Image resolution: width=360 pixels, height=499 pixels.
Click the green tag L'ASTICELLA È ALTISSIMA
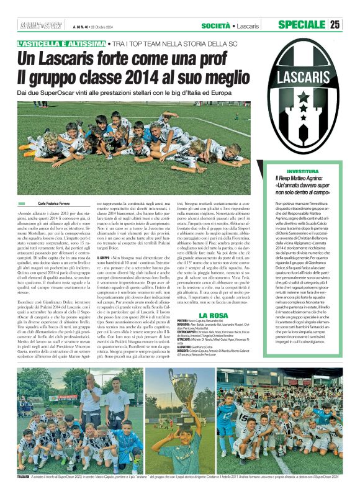[61, 44]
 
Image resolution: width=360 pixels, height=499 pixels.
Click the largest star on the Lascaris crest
[302, 98]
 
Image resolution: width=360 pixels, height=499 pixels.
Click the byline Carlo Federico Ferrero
[57, 204]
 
